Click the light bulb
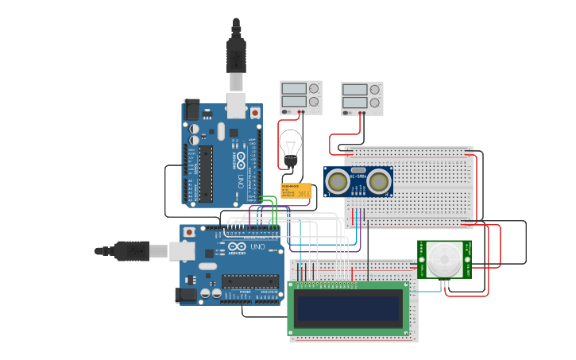(291, 147)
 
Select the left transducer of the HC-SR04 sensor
(338, 182)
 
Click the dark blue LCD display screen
(348, 307)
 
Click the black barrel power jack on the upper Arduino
(191, 110)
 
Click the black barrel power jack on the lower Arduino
(187, 295)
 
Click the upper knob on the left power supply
(314, 88)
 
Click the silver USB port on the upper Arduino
(237, 104)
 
